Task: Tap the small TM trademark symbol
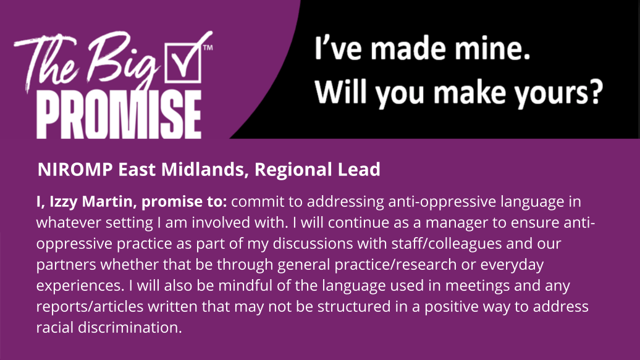pos(208,48)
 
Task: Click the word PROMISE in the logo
pos(119,115)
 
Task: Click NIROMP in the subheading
pos(75,169)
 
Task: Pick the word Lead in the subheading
pos(359,169)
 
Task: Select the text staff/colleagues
pos(447,244)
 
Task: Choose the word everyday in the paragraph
pos(512,265)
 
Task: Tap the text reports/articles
pos(90,306)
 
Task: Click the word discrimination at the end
pos(130,327)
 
